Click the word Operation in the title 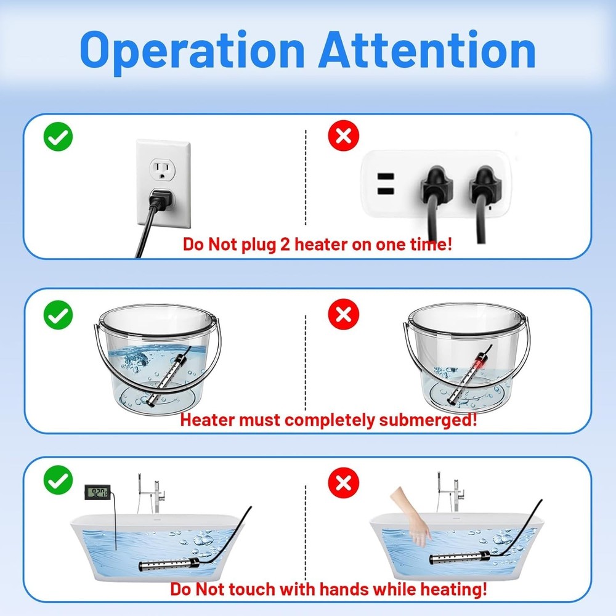tap(192, 51)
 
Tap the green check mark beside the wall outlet tap(58, 137)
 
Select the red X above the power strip tap(343, 136)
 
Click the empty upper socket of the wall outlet tap(163, 169)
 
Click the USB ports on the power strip tap(386, 184)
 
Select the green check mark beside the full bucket tap(58, 314)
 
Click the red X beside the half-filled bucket tap(343, 314)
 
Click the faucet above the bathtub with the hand tap(450, 492)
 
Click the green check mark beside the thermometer tap(58, 480)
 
